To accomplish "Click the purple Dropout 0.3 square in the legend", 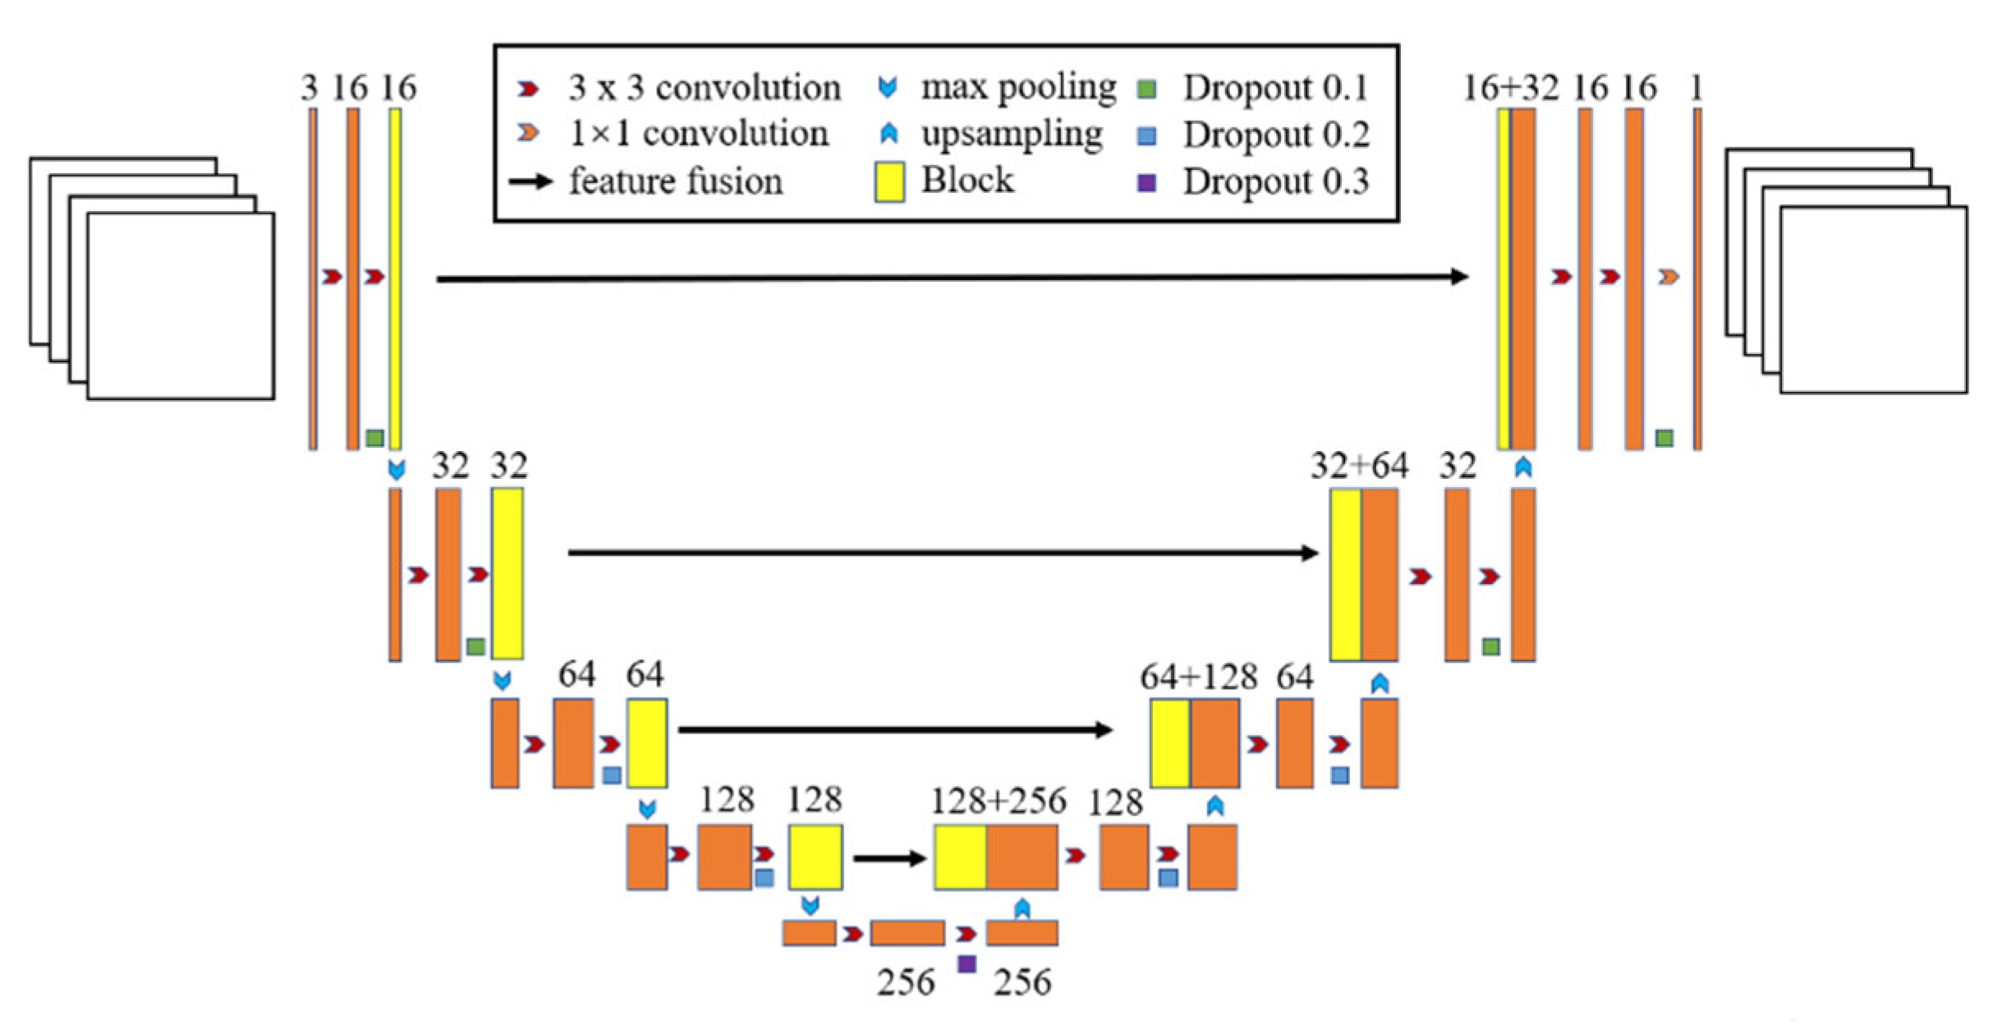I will pyautogui.click(x=1146, y=182).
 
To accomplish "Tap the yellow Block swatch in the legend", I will pyautogui.click(x=889, y=182).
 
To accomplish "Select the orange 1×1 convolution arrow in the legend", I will pyautogui.click(x=528, y=133).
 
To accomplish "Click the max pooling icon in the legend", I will pyautogui.click(x=888, y=86).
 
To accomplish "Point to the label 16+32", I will pyautogui.click(x=1510, y=88).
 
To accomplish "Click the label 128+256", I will pyautogui.click(x=998, y=801).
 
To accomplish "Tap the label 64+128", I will pyautogui.click(x=1198, y=677).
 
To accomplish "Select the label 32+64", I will pyautogui.click(x=1359, y=466).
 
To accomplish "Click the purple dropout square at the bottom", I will pyautogui.click(x=967, y=964).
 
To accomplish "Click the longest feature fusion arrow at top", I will pyautogui.click(x=953, y=278).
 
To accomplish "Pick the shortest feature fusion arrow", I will pyautogui.click(x=890, y=858).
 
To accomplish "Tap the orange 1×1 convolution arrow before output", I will pyautogui.click(x=1668, y=278).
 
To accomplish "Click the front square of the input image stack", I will pyautogui.click(x=181, y=306).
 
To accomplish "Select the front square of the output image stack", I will pyautogui.click(x=1873, y=300).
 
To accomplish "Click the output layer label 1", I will pyautogui.click(x=1697, y=88).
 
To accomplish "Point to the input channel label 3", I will pyautogui.click(x=309, y=88).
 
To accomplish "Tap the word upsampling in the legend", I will pyautogui.click(x=1012, y=134).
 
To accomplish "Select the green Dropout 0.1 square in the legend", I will pyautogui.click(x=1147, y=88).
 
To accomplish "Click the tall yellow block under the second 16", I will pyautogui.click(x=396, y=279).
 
